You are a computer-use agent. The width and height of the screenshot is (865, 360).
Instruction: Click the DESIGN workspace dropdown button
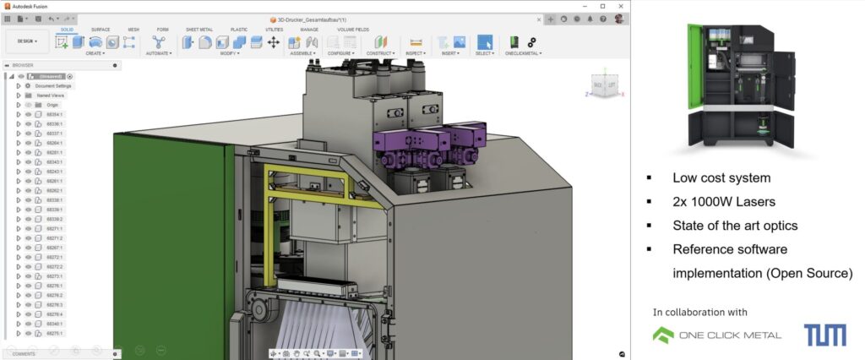(x=26, y=40)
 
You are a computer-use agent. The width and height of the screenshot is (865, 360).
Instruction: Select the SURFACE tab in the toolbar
(x=100, y=29)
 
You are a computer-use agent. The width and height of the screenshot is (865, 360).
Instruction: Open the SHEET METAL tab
(x=199, y=29)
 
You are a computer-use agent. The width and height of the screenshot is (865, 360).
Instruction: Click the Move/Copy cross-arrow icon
(x=274, y=41)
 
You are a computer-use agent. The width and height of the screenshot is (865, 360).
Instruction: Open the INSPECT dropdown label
(x=414, y=53)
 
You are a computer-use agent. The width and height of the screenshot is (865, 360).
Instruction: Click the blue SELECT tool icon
(x=484, y=41)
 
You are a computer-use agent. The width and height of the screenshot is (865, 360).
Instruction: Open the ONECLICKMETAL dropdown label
(x=522, y=53)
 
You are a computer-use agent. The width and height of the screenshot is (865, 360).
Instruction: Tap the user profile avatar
(x=619, y=18)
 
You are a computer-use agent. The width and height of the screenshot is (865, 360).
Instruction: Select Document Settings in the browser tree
(x=54, y=86)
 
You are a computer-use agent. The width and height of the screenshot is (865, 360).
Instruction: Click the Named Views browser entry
(x=50, y=95)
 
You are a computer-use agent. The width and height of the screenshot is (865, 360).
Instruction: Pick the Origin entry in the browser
(x=52, y=105)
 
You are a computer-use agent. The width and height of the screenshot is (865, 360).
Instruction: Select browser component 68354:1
(x=54, y=114)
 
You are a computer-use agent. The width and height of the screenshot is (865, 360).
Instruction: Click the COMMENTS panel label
(x=24, y=354)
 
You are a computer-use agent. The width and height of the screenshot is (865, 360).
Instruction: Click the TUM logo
(x=824, y=335)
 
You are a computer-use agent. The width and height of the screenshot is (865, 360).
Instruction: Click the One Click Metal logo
(x=716, y=335)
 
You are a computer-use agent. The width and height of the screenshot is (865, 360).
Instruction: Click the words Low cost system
(x=721, y=178)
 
